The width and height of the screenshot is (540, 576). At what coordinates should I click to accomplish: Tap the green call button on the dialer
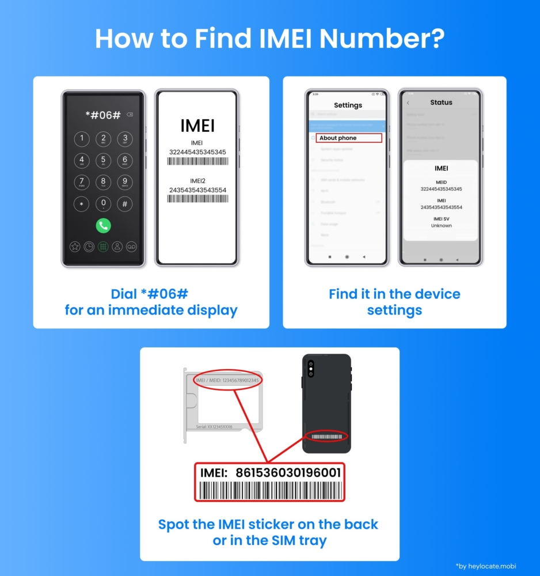(104, 225)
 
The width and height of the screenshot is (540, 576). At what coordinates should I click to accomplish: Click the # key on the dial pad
(125, 204)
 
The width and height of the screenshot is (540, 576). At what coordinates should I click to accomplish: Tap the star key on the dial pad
(82, 204)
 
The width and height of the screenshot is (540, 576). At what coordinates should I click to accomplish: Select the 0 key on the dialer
(104, 203)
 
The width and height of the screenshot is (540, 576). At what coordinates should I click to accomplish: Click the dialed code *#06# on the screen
(103, 115)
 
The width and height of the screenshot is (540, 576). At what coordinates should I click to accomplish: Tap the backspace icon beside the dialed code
(130, 115)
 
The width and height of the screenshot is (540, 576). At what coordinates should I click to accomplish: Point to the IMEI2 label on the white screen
(197, 180)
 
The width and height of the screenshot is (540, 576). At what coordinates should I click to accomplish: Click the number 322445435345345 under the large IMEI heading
(197, 152)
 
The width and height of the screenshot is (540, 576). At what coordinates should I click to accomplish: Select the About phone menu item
(338, 138)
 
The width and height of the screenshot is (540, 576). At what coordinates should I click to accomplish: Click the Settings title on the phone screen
(348, 105)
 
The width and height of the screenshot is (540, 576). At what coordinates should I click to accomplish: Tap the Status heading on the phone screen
(441, 103)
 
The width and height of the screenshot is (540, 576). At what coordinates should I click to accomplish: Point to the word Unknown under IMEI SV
(441, 226)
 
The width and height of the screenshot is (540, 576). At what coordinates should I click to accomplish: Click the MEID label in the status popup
(441, 182)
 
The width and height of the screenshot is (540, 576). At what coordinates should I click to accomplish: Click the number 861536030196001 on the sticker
(287, 473)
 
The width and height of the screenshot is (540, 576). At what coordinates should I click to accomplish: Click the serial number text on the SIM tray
(214, 427)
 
